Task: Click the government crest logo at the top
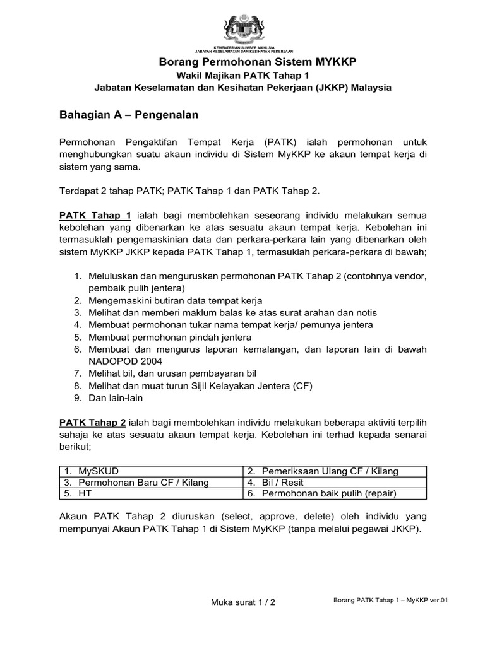pos(242,28)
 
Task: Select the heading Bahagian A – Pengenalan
pos(129,115)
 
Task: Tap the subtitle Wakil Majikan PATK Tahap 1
pos(242,75)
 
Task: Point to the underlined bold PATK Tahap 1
pos(95,215)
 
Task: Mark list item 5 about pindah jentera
pos(161,337)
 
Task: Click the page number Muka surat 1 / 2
pos(242,602)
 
